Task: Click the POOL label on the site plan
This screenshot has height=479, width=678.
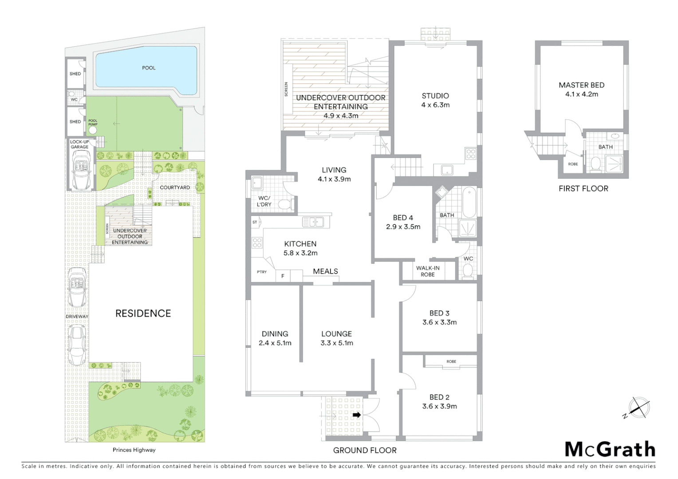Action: coord(149,68)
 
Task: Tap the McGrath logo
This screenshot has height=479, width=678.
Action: coord(610,449)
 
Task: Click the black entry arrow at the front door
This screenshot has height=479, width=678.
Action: coord(356,415)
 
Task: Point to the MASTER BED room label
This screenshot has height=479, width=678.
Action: coord(581,85)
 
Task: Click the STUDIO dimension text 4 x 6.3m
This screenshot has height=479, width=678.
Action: coord(435,105)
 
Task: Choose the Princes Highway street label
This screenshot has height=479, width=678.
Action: coord(134,450)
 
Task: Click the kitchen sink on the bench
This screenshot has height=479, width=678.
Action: coord(313,221)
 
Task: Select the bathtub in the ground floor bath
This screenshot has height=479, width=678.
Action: coord(469,202)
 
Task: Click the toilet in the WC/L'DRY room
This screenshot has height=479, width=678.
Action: coord(284,204)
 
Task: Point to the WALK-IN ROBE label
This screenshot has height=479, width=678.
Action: coord(428,271)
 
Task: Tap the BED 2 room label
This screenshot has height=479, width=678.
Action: coord(439,397)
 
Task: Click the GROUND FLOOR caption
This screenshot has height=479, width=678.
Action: coord(365,450)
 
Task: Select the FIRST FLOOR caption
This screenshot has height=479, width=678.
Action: coord(583,188)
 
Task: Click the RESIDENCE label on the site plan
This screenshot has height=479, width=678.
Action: coord(143,314)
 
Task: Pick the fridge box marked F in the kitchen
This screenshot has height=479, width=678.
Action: coord(283,276)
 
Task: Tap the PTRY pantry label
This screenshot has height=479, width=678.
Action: coord(262,272)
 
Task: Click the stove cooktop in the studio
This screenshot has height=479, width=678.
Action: coord(470,154)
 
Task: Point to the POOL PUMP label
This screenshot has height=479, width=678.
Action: coord(93,122)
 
